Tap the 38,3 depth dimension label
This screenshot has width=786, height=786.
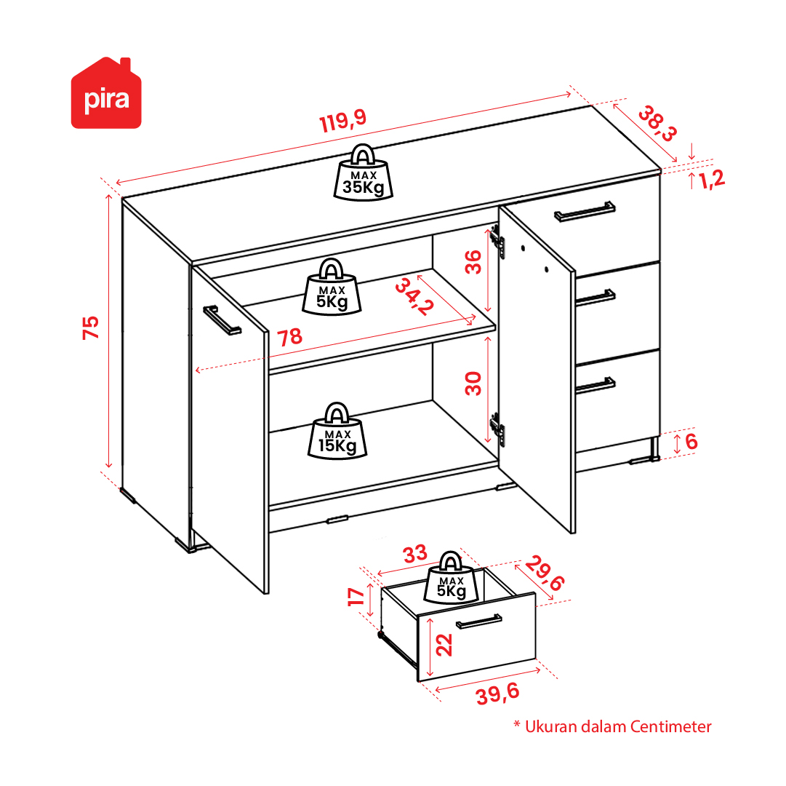pos(658,124)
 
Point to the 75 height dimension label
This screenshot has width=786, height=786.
pos(91,327)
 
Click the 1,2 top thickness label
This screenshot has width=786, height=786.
pos(712,179)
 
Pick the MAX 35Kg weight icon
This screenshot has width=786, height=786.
pos(364,172)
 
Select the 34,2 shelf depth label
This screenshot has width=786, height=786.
pos(414,298)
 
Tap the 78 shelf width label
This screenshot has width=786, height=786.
pos(290,337)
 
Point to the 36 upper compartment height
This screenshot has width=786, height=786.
pos(473,262)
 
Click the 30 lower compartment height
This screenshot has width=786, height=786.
pos(473,384)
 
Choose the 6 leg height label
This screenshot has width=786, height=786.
pos(691,442)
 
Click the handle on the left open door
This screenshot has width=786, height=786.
pos(222,320)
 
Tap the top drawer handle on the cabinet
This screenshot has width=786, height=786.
pos(585,211)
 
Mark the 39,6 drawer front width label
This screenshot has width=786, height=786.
pos(498,694)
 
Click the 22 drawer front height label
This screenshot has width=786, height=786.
pos(444,645)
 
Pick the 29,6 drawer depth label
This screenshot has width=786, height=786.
pos(545,573)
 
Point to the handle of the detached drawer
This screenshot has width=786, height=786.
pos(478,621)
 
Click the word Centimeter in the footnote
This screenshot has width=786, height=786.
pos(670,726)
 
